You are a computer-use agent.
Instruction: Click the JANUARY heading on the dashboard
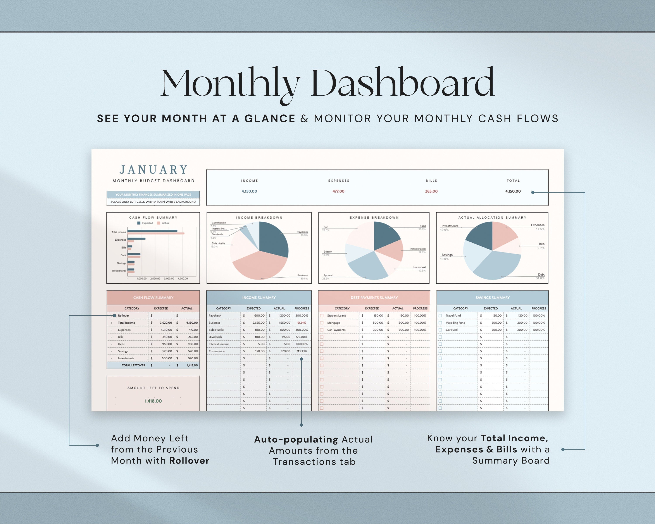click(153, 169)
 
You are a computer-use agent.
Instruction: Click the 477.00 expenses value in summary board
click(338, 191)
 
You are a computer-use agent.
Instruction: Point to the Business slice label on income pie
click(302, 275)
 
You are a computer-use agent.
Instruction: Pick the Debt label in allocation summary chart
click(541, 274)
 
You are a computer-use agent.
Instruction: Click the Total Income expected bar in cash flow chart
click(152, 231)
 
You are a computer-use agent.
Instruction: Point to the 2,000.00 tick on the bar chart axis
click(155, 279)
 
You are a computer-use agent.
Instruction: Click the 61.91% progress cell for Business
click(302, 323)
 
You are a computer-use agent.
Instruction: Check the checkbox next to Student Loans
click(322, 316)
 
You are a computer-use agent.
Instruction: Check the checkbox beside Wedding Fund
click(440, 323)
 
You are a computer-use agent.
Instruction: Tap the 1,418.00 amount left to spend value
click(153, 401)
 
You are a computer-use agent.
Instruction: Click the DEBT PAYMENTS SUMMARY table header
click(374, 298)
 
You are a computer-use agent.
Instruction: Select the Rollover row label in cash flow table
click(123, 316)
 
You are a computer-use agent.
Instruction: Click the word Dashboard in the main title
click(403, 83)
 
